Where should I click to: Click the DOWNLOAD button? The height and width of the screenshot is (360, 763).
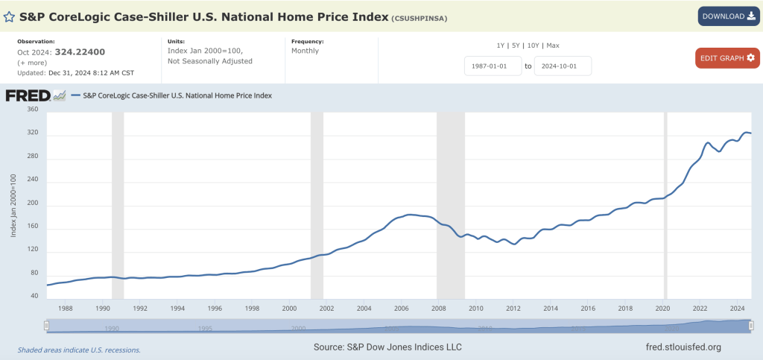[728, 16]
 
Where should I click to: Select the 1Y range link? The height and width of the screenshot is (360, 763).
[501, 45]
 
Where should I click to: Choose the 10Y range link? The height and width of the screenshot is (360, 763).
[534, 45]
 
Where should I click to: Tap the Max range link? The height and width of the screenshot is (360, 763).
[552, 45]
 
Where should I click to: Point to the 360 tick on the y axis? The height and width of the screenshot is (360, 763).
[32, 110]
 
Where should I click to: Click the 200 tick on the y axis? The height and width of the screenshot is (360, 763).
[32, 203]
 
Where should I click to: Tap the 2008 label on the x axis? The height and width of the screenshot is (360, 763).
[438, 307]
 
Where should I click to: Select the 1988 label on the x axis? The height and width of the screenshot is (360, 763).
[65, 307]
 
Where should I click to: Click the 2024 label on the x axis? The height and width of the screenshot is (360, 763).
[737, 307]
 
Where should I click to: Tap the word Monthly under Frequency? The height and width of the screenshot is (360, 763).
[305, 51]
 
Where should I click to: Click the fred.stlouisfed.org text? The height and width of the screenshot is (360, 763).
[683, 347]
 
